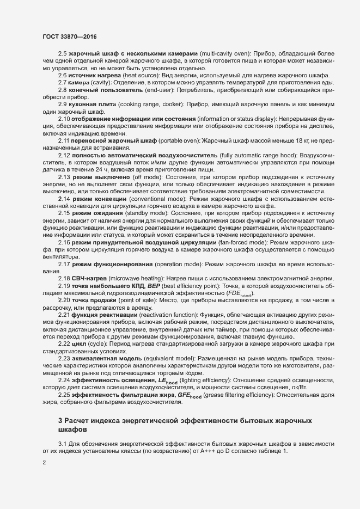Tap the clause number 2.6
pyautogui.click(x=63, y=75)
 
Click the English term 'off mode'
pyautogui.click(x=147, y=177)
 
